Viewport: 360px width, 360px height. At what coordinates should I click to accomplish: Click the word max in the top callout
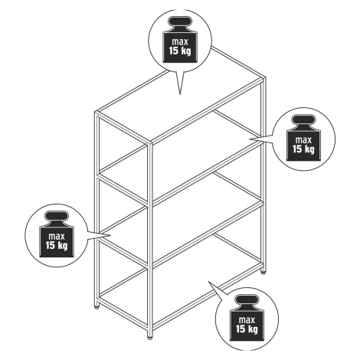tap(180, 42)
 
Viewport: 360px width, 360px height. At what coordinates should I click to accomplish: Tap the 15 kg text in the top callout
tap(180, 51)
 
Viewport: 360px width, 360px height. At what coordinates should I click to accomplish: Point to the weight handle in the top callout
tap(180, 21)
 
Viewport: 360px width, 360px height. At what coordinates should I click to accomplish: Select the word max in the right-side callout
tap(303, 140)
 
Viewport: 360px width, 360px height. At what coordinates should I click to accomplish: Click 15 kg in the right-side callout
tap(303, 149)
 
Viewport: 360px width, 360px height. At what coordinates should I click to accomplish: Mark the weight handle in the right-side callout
tap(303, 119)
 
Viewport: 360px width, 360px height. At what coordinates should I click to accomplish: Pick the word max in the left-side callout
tap(57, 237)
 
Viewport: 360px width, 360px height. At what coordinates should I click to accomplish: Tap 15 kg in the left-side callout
tap(57, 246)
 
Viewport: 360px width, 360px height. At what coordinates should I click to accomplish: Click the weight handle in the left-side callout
tap(57, 216)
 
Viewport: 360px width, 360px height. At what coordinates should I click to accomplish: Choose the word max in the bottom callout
tap(247, 320)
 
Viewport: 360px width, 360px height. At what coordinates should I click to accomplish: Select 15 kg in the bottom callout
tap(247, 329)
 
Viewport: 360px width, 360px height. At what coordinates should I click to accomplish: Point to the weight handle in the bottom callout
tap(247, 299)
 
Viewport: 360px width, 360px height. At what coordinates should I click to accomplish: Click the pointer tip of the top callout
tap(180, 94)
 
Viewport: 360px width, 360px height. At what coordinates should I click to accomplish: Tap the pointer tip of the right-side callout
tap(250, 139)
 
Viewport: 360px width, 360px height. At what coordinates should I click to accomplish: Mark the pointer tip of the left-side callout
tap(111, 235)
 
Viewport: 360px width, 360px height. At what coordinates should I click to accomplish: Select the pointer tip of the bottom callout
tap(208, 281)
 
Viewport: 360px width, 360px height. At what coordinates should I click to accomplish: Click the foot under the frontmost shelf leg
tap(150, 337)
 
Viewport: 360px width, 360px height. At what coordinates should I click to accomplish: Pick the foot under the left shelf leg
tap(97, 307)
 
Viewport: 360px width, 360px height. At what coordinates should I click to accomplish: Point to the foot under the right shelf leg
tap(263, 273)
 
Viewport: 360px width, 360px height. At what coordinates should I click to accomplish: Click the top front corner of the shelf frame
tap(150, 143)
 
